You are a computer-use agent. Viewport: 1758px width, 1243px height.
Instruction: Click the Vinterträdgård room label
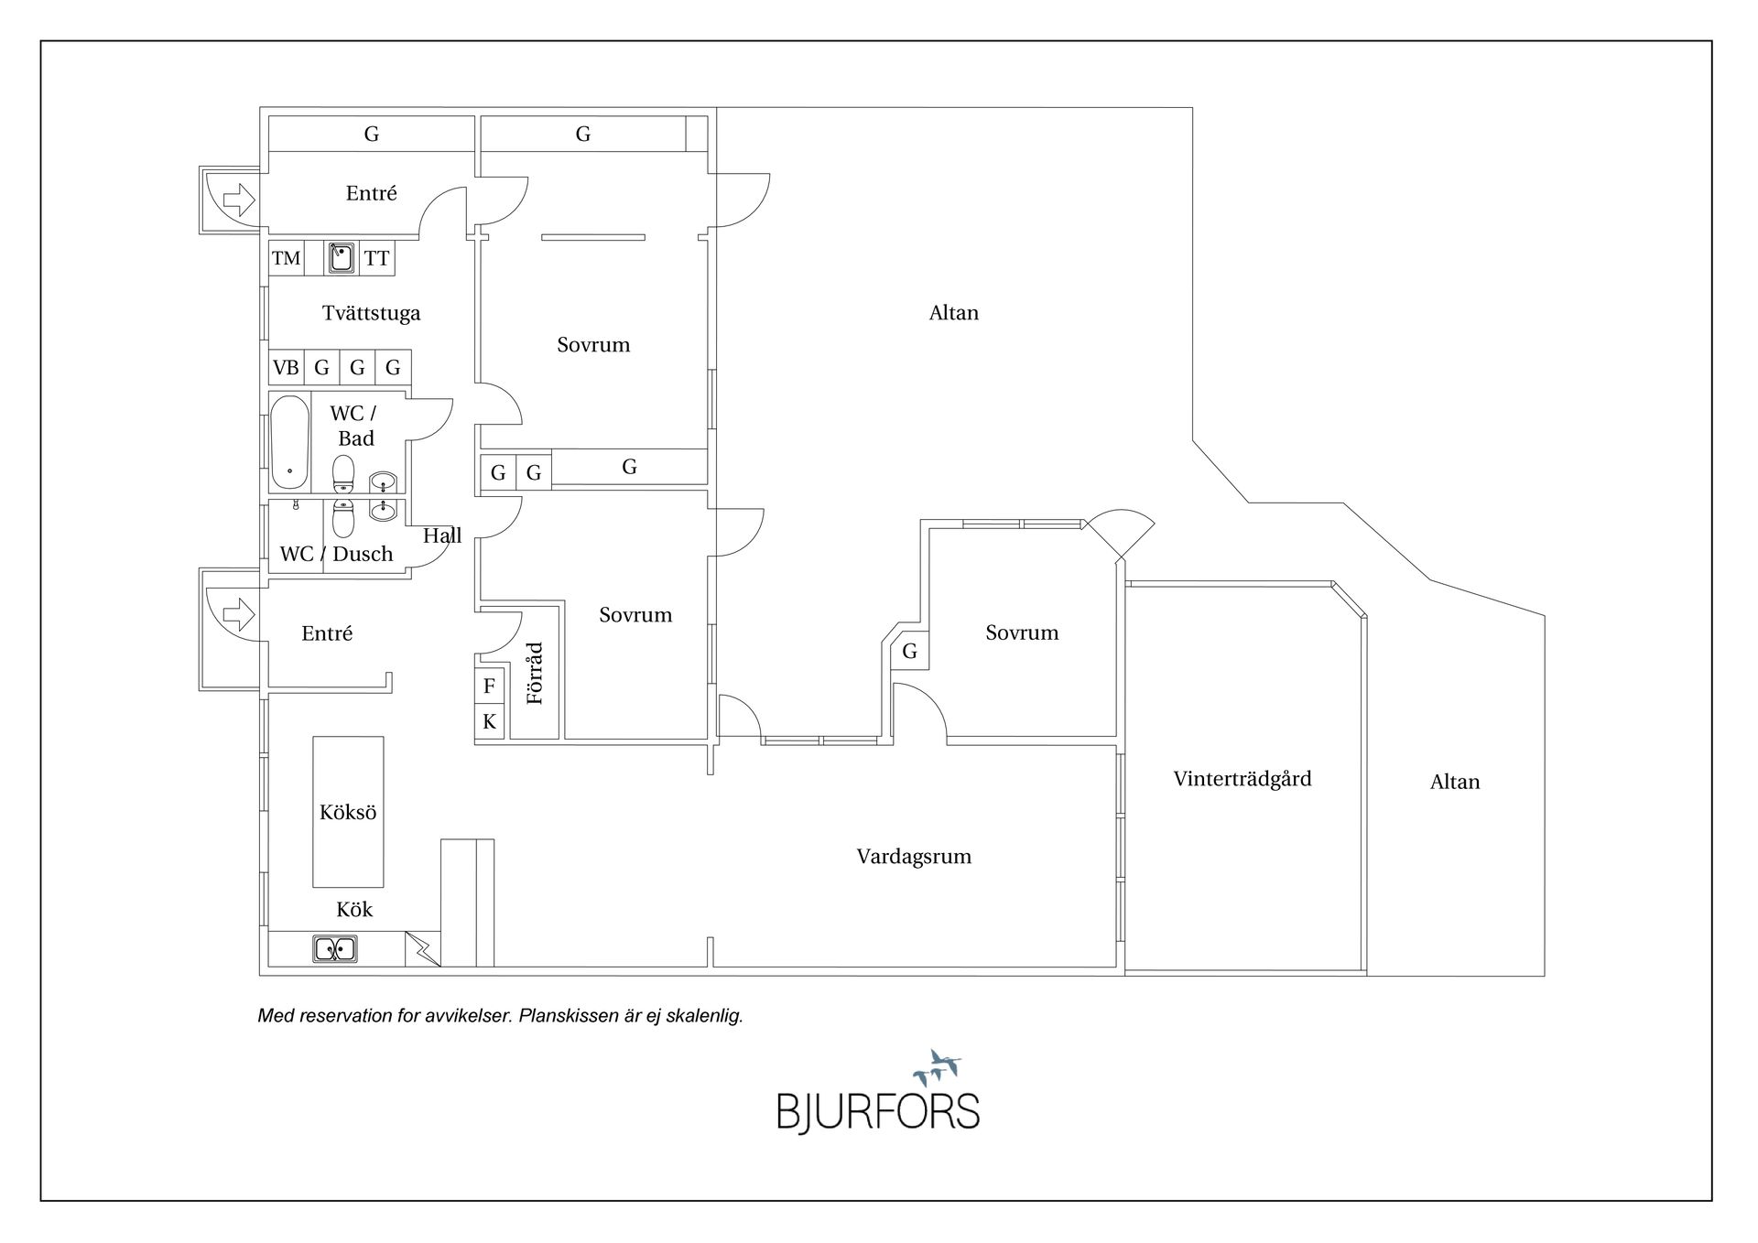pyautogui.click(x=1242, y=779)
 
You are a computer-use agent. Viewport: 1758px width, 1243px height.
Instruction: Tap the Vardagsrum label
pyautogui.click(x=913, y=857)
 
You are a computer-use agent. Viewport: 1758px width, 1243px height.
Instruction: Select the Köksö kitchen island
pyautogui.click(x=348, y=812)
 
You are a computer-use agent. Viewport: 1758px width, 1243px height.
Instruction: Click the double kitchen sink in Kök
pyautogui.click(x=335, y=949)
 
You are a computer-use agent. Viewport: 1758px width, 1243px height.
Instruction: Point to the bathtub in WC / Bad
pyautogui.click(x=289, y=442)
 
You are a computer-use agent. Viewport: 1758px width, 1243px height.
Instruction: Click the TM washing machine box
pyautogui.click(x=286, y=258)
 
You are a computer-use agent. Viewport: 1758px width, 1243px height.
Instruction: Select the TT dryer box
pyautogui.click(x=376, y=258)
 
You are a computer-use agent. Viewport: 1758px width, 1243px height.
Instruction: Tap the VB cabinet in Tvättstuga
pyautogui.click(x=286, y=368)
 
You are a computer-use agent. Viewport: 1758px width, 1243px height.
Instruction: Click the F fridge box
pyautogui.click(x=489, y=686)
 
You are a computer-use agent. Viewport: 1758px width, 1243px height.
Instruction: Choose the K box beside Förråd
pyautogui.click(x=489, y=721)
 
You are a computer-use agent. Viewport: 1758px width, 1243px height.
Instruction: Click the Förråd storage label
pyautogui.click(x=535, y=674)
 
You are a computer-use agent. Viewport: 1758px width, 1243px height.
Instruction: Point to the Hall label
pyautogui.click(x=442, y=535)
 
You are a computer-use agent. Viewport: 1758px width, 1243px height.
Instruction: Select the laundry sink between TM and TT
pyautogui.click(x=342, y=257)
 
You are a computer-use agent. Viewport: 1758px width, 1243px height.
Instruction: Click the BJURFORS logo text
pyautogui.click(x=878, y=1111)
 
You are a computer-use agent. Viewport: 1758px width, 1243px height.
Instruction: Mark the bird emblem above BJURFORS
pyautogui.click(x=937, y=1067)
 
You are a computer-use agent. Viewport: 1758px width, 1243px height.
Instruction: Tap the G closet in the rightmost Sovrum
pyautogui.click(x=909, y=651)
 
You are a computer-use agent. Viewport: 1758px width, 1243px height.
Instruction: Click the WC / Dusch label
pyautogui.click(x=336, y=554)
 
